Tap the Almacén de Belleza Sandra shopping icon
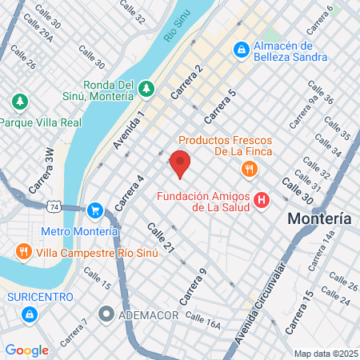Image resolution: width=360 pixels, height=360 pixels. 240,50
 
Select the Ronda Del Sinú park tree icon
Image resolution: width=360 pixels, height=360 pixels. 146,87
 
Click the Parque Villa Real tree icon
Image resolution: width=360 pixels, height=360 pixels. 20,102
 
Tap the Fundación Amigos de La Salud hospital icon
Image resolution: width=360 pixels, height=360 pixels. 261,200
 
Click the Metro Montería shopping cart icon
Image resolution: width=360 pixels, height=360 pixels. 95,210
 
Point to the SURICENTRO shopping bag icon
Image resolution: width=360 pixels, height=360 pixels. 29,314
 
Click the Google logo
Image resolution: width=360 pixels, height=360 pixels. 27,350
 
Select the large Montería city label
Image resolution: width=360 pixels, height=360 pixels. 319,218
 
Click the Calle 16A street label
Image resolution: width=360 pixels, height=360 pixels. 202,320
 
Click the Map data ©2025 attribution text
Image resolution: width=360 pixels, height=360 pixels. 324,353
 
